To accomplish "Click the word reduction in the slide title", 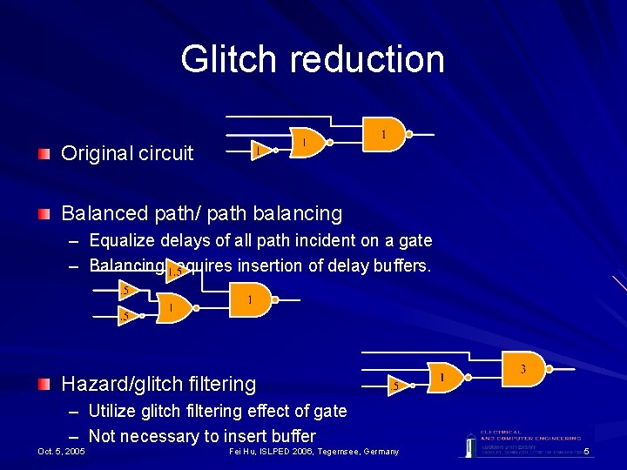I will coord(367,59).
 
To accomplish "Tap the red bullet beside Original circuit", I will coord(44,154).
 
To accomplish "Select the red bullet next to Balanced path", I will coord(44,213).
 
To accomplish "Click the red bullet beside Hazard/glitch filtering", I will coord(44,384).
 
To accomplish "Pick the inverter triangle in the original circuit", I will coord(260,150).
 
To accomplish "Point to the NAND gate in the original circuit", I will coord(384,134).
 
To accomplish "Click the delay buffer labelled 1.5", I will coord(177,271).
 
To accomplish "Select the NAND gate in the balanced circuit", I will coord(251,299).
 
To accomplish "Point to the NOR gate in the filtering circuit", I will coord(443,377).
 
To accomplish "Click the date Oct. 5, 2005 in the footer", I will coord(62,452).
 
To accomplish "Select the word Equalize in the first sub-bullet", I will coord(123,240).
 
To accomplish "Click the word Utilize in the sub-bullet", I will coord(116,411).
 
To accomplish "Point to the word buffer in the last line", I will coord(289,436).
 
